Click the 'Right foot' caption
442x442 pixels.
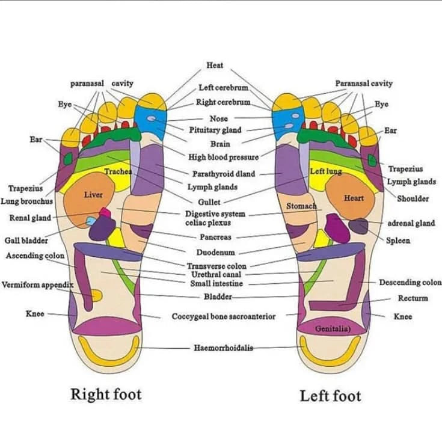pos(106,394)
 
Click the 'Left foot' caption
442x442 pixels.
pos(330,396)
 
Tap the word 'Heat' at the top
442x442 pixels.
pos(215,65)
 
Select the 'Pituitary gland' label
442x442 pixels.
pos(215,130)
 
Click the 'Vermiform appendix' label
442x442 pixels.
pos(37,284)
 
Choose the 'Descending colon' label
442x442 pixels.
pos(410,283)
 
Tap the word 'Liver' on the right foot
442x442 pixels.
pos(93,195)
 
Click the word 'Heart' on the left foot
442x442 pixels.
pos(354,198)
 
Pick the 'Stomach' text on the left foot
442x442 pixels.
pos(301,206)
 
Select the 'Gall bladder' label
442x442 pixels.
pos(26,241)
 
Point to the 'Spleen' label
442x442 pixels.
pos(398,241)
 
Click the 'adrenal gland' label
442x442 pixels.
pos(411,223)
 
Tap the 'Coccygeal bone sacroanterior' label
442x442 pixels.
pos(224,316)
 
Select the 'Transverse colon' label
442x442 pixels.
pos(216,266)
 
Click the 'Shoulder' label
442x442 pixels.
pos(413,198)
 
